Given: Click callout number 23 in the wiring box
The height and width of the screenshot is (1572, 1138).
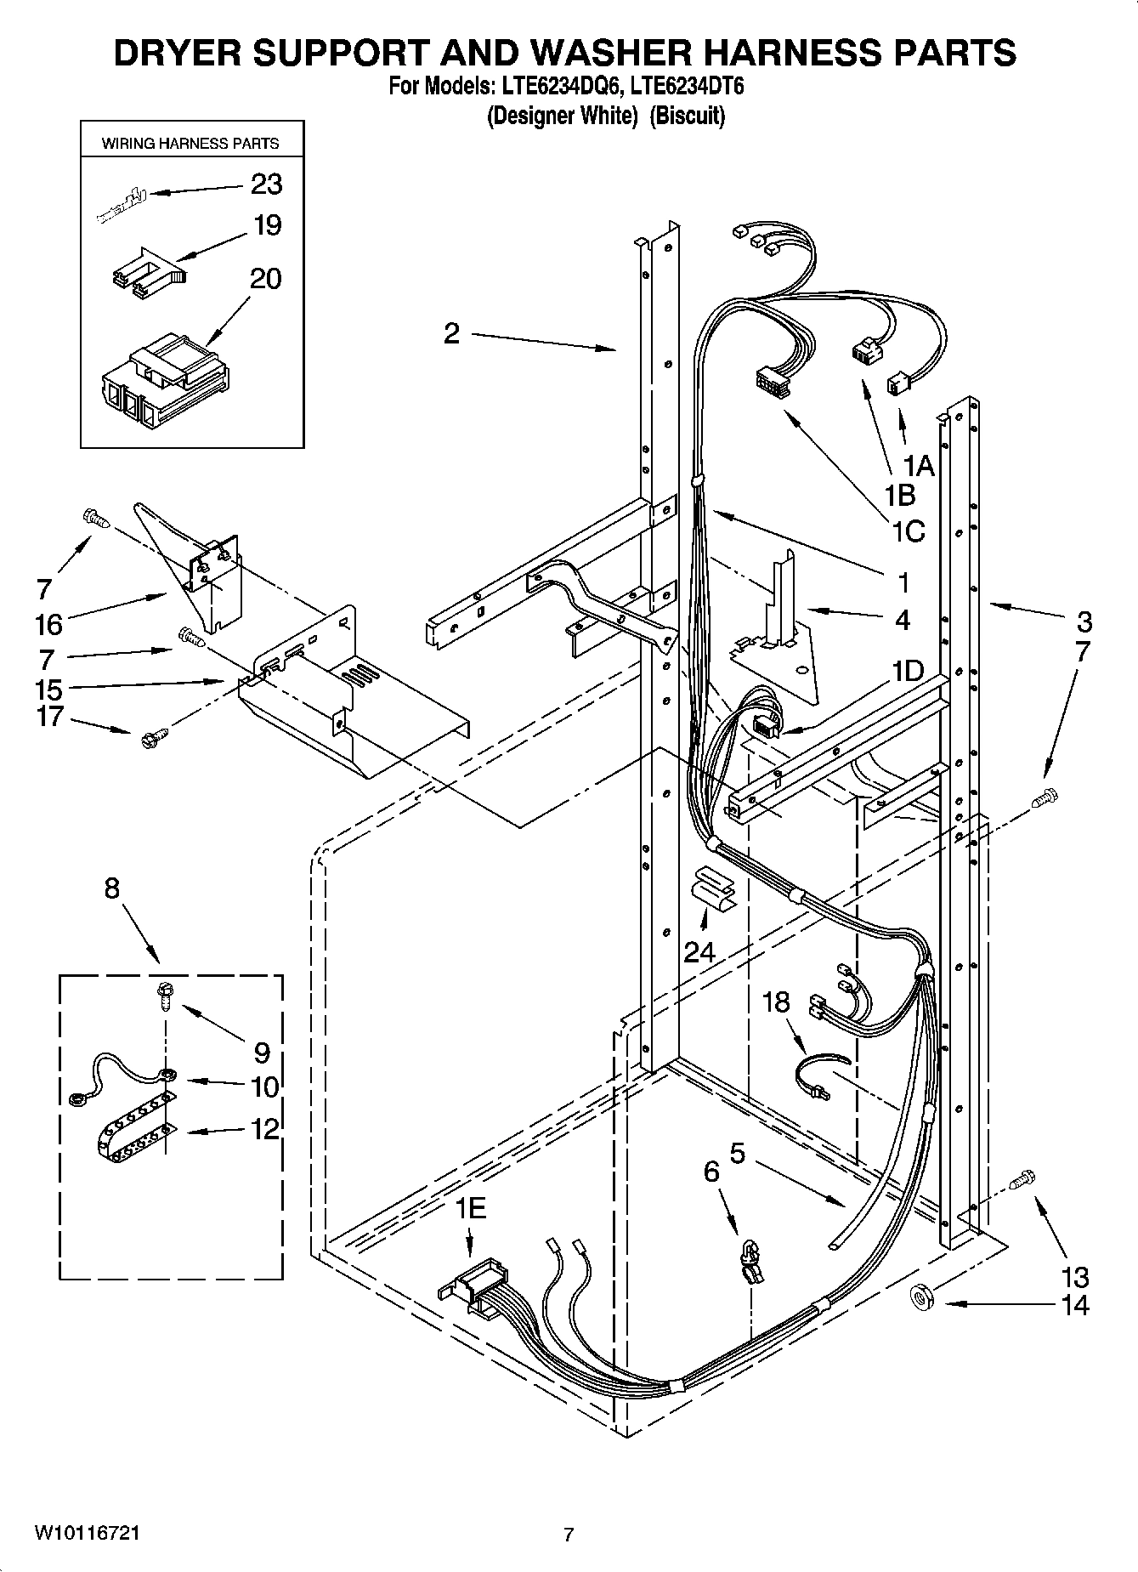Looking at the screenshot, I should (x=265, y=184).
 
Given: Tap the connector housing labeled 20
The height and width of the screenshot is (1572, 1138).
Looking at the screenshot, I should (x=161, y=386).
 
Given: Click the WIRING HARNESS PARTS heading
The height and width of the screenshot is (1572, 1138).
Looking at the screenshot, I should (x=190, y=144).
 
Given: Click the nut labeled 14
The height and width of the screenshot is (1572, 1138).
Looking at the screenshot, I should (x=921, y=1296).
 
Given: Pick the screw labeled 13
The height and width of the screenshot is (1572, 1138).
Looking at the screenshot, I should (x=1022, y=1180).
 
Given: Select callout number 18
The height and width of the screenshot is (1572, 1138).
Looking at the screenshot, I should (x=776, y=1002).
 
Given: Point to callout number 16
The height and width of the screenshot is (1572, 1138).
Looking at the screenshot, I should (x=49, y=625).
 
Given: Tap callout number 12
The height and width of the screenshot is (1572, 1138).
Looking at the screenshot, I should (x=265, y=1129).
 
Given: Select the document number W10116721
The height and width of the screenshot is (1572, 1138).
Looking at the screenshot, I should (x=87, y=1532).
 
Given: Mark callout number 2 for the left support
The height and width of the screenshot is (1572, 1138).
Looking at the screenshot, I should (x=451, y=332).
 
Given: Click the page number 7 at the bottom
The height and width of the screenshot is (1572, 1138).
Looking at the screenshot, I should (x=569, y=1534).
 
